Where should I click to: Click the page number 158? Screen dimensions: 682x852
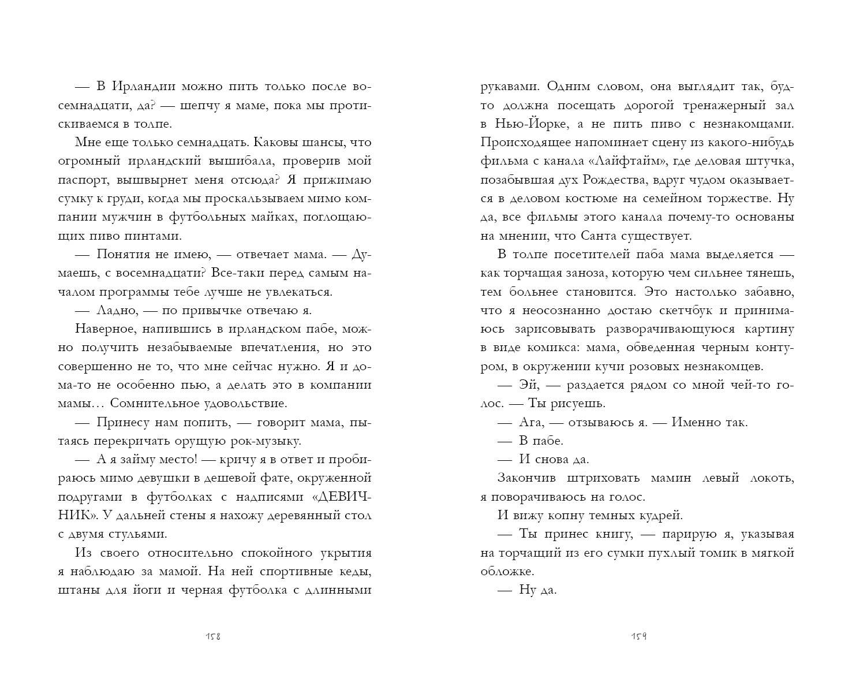click(214, 637)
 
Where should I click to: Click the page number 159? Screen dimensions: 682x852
click(638, 637)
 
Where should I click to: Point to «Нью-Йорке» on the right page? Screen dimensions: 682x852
click(522, 124)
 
